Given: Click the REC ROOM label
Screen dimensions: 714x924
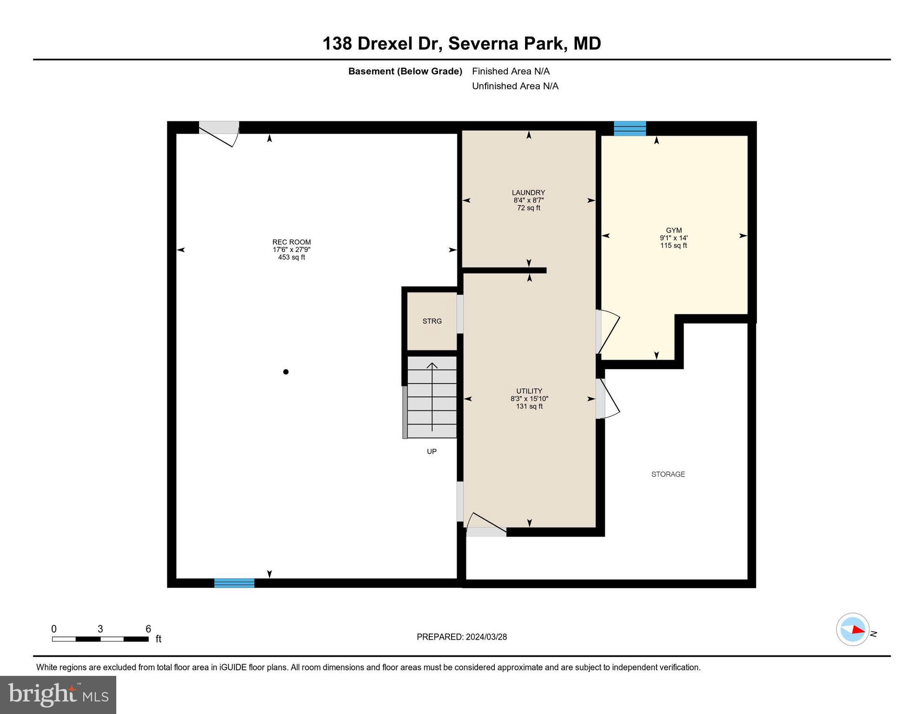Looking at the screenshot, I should (x=292, y=242).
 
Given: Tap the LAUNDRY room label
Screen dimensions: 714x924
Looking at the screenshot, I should (x=528, y=192).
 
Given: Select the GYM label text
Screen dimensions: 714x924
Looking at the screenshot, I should (x=674, y=230).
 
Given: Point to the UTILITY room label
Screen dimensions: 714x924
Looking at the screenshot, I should (x=529, y=391).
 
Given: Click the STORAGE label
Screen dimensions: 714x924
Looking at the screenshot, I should (x=668, y=474).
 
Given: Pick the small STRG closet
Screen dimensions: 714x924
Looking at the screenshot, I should (x=432, y=321).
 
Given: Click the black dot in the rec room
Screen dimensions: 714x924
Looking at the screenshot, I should (x=286, y=372).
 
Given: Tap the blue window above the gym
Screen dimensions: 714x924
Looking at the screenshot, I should (x=630, y=128).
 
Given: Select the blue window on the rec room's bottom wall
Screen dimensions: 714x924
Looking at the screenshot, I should (x=234, y=583).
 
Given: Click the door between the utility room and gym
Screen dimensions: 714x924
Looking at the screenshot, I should (x=607, y=332).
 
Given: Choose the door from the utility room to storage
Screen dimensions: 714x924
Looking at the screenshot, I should (x=607, y=398).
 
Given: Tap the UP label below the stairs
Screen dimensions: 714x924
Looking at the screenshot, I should (x=432, y=451).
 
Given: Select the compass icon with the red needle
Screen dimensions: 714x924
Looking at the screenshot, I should (x=853, y=629).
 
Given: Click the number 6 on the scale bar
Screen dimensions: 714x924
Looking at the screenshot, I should (x=148, y=629).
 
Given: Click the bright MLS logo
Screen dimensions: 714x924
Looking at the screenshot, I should (x=58, y=694).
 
